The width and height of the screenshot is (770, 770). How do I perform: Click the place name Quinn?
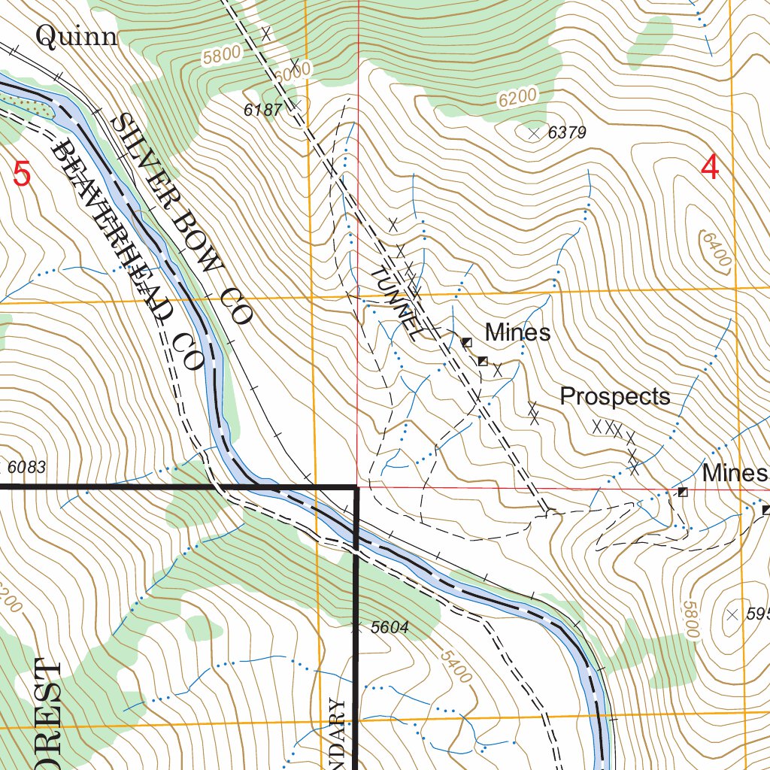tap(77, 36)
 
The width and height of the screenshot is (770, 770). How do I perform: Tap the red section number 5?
tap(23, 174)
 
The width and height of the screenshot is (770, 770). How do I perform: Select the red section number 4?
tap(710, 167)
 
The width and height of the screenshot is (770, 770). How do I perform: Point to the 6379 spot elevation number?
tap(567, 133)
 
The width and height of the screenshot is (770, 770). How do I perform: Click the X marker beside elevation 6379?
tap(534, 134)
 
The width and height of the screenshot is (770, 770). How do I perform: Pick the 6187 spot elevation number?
tap(262, 111)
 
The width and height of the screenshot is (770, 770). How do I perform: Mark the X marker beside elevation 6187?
tap(296, 105)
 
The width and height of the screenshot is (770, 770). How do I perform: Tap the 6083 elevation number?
tap(27, 467)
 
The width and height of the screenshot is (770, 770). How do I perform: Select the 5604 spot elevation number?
tap(388, 628)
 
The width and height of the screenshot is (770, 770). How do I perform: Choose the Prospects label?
tap(615, 396)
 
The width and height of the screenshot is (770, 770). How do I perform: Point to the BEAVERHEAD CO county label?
tap(128, 256)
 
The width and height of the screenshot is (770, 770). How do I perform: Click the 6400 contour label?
tap(715, 249)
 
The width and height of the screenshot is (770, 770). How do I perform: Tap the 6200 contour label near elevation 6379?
tap(518, 95)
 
